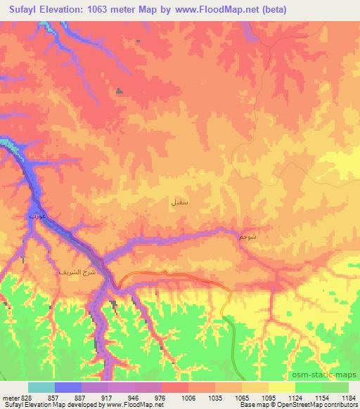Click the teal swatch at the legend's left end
pyautogui.click(x=41, y=387)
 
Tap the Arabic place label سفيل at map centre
pyautogui.click(x=179, y=202)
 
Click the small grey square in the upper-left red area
pyautogui.click(x=118, y=91)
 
